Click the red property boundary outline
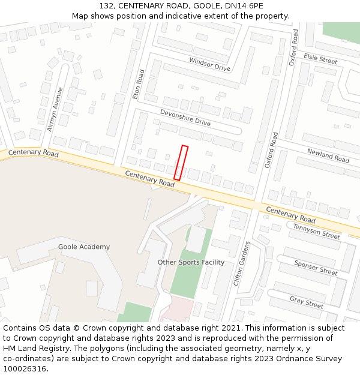[x=181, y=163]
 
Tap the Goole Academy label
[x=84, y=247]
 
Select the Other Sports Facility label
[x=191, y=262]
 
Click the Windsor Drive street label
[x=209, y=64]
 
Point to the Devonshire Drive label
[x=185, y=117]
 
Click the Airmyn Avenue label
[x=55, y=109]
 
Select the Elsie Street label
[x=320, y=59]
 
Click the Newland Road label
[x=328, y=156]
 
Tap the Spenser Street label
[x=316, y=268]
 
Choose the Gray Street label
[x=307, y=302]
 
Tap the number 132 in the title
[x=106, y=6]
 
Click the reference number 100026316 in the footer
[x=26, y=368]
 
